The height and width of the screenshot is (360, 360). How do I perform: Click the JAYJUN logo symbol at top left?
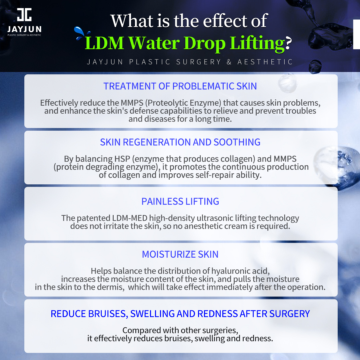[x=24, y=15]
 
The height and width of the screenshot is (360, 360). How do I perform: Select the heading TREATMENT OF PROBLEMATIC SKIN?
[x=180, y=86]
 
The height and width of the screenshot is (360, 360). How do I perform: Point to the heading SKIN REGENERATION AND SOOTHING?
[x=180, y=142]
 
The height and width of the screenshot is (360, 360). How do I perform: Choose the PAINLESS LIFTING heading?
[x=180, y=201]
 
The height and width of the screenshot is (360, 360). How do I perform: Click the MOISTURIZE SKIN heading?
[x=180, y=254]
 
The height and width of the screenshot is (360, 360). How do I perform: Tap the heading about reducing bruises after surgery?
[x=180, y=314]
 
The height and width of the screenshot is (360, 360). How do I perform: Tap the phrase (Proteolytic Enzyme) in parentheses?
[x=187, y=103]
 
